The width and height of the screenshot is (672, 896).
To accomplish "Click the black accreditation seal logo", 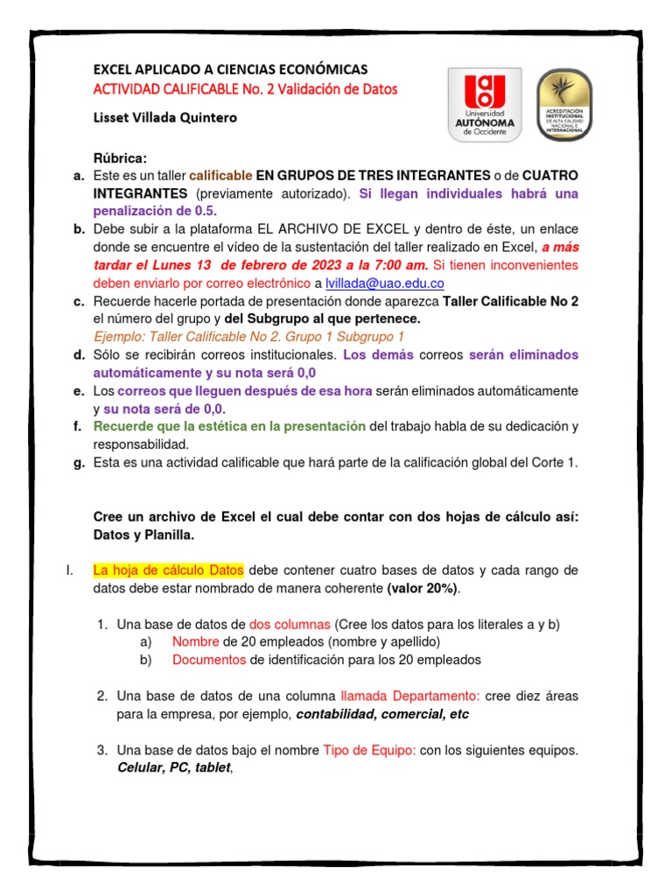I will (563, 106).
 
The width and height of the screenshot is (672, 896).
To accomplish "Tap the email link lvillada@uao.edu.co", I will (385, 283).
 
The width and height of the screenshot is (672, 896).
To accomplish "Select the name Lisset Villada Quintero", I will (164, 116).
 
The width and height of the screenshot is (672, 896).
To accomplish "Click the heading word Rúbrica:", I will (121, 157).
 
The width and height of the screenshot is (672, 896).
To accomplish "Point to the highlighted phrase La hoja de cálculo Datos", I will (169, 570).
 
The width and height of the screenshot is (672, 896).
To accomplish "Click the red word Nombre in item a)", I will (196, 641).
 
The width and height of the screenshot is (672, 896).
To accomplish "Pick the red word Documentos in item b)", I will (209, 660).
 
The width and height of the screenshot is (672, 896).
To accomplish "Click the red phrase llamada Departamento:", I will (409, 696).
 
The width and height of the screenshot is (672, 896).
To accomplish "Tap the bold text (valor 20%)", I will (422, 588).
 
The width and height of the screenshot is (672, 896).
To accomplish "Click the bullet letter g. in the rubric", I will (79, 463).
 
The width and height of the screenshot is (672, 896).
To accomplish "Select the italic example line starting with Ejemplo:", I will (248, 337).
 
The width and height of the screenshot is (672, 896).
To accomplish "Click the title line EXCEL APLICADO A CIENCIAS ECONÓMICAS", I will (230, 69).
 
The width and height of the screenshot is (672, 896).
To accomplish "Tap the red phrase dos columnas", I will (290, 624).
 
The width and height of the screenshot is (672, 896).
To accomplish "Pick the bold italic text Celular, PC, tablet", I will (173, 767).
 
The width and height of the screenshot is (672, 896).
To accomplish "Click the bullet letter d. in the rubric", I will (79, 354).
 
